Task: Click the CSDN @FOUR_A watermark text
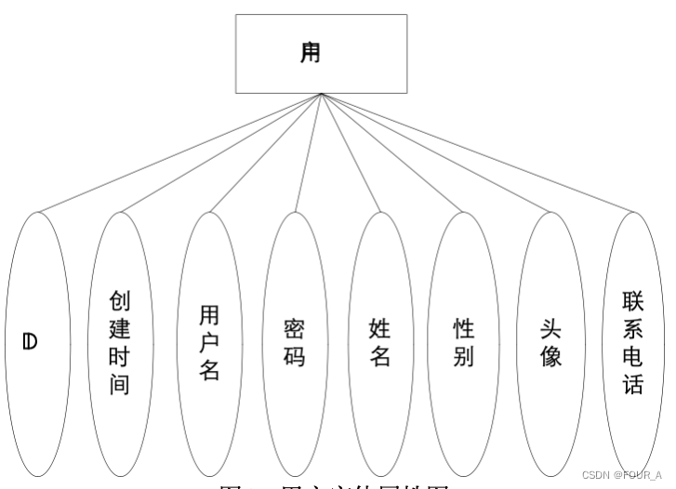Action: tap(621, 474)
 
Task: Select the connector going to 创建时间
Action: tap(220, 153)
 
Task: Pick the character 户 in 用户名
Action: tap(209, 343)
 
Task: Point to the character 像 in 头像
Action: tap(550, 356)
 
